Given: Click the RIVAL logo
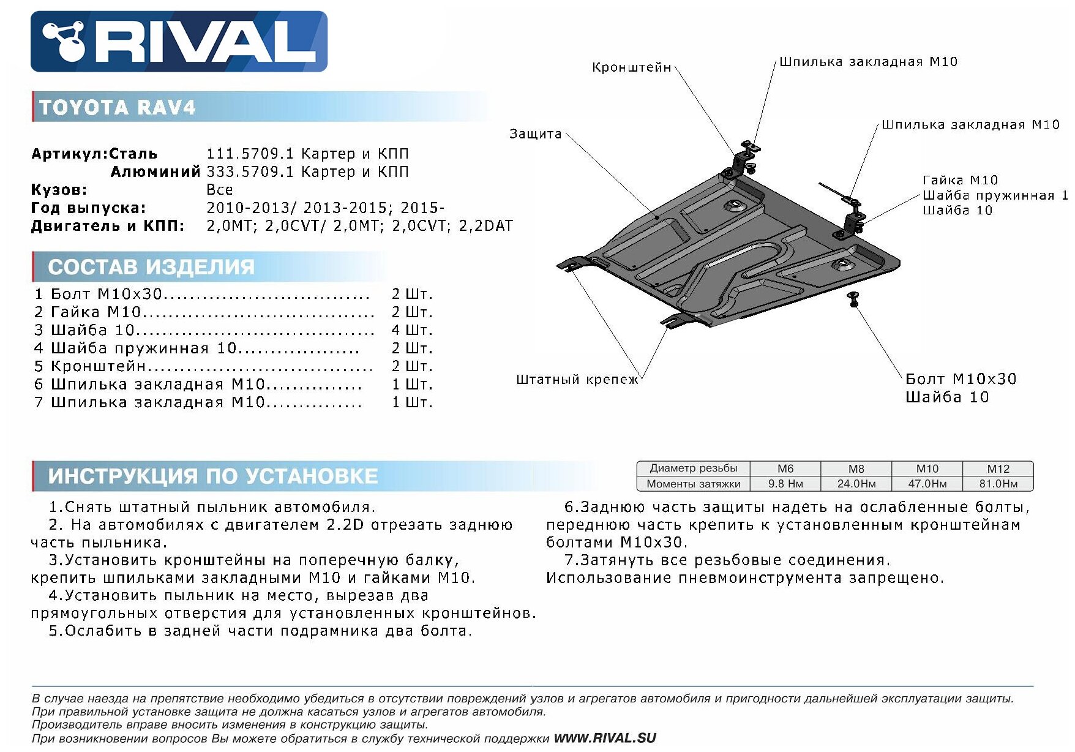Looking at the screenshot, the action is click(179, 41).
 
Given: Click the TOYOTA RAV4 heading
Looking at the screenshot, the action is click(117, 108).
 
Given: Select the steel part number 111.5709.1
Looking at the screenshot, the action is click(250, 154).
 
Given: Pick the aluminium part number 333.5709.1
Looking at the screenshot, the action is click(250, 172).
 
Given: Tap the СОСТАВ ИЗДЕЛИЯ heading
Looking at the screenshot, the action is click(151, 267).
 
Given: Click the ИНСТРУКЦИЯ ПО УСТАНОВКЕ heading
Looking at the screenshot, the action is click(212, 476).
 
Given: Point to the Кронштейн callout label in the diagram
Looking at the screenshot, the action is click(631, 67).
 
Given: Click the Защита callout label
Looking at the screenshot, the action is click(535, 134).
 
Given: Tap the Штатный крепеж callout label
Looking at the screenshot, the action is click(577, 380).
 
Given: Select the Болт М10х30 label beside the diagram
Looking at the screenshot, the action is click(961, 379).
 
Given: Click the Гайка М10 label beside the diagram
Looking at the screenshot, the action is click(960, 180).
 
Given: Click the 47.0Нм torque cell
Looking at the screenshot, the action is click(927, 484).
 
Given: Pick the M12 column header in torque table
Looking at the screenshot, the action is click(998, 468).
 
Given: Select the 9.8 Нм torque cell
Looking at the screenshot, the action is click(785, 484).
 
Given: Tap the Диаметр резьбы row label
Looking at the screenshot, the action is click(693, 468).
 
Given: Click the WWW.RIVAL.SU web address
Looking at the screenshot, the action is click(604, 738).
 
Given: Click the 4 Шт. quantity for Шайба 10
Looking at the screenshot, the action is click(412, 330).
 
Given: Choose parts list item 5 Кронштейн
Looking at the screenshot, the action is click(98, 366).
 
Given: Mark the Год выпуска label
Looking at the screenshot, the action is click(89, 208).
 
